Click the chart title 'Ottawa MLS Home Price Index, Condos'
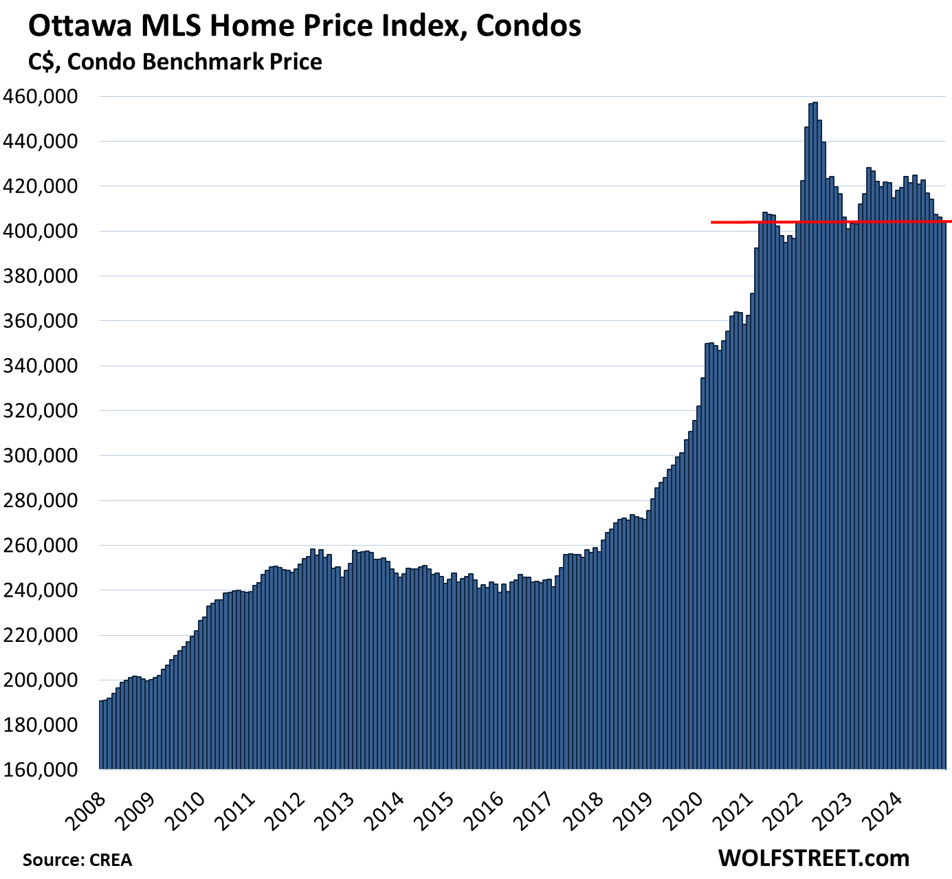(x=305, y=26)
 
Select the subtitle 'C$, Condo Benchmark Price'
(x=175, y=62)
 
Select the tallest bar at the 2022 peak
(x=815, y=412)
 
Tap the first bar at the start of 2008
(x=101, y=735)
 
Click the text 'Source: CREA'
(x=77, y=860)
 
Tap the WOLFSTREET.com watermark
(x=814, y=858)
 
